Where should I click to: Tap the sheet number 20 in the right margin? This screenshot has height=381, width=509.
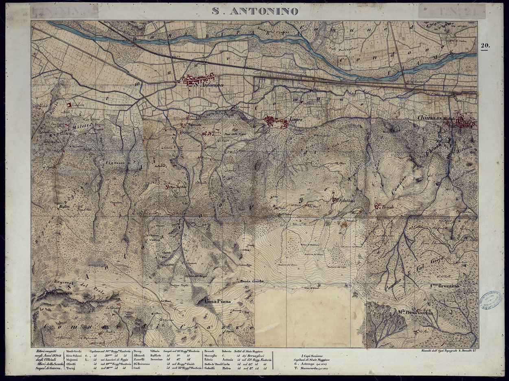click(485, 46)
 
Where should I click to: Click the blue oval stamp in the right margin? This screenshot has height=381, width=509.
click(491, 301)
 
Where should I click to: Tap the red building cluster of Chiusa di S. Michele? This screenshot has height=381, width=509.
click(464, 122)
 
